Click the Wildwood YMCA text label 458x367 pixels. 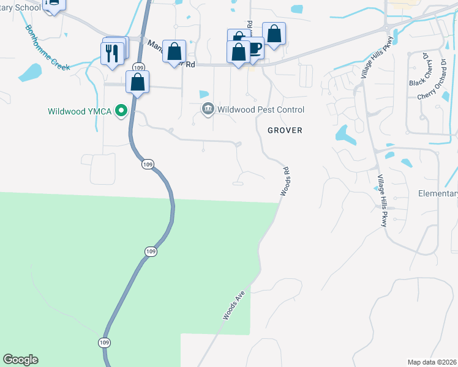(80, 111)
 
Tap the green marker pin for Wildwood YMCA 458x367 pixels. (122, 111)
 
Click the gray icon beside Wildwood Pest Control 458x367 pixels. (208, 109)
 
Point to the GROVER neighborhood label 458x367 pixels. (285, 130)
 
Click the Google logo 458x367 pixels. (20, 360)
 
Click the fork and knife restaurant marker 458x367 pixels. (111, 52)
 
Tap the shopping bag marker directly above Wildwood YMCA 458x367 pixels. (138, 82)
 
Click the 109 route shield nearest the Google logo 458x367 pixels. (101, 342)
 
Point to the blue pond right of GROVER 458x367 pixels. (343, 135)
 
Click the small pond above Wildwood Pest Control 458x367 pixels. (203, 94)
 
